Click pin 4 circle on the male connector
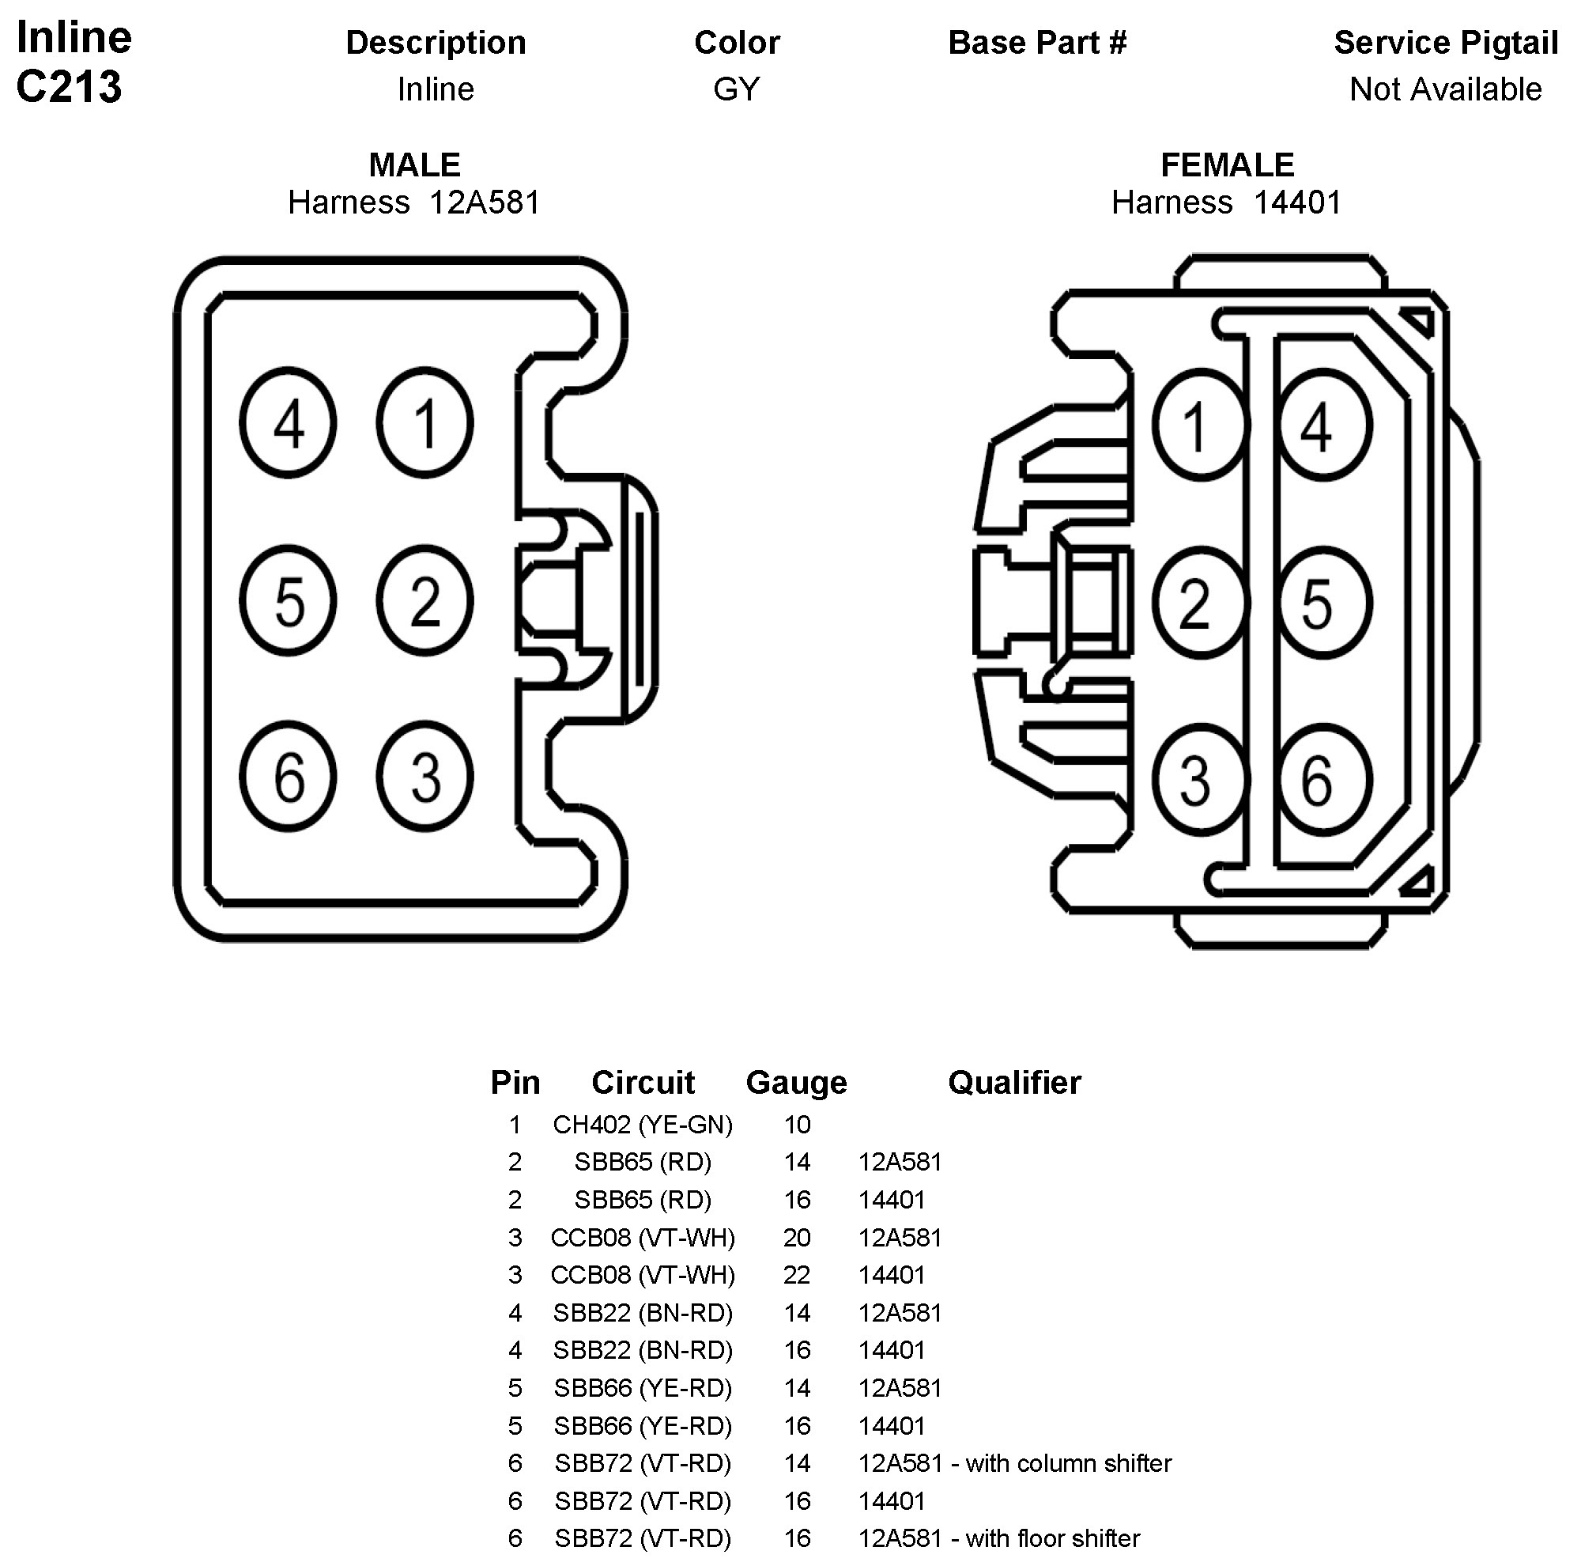click(x=288, y=422)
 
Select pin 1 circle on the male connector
click(x=424, y=422)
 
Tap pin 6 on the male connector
click(x=288, y=776)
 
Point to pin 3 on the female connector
click(x=1200, y=780)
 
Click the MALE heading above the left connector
click(x=414, y=165)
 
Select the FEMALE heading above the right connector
click(x=1227, y=165)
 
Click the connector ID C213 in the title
click(x=69, y=87)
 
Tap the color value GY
click(x=737, y=89)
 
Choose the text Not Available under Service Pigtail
click(x=1445, y=89)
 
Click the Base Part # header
click(x=1037, y=43)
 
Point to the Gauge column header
click(x=796, y=1083)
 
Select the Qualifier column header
click(x=1014, y=1083)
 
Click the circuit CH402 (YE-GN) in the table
click(x=643, y=1125)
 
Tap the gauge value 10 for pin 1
click(x=797, y=1125)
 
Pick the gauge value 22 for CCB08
click(x=797, y=1275)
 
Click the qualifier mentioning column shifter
click(x=1015, y=1463)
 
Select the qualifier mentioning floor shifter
click(x=998, y=1538)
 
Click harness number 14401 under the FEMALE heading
click(x=1297, y=202)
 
